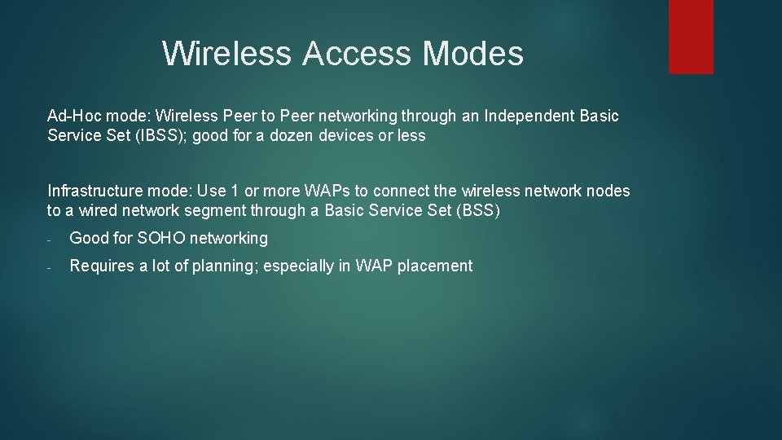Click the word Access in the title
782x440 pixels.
[358, 54]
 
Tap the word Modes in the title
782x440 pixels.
[472, 54]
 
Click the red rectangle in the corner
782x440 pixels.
[691, 37]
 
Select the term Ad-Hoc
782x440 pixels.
[74, 116]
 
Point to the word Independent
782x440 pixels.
[529, 116]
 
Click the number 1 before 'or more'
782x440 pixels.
[235, 191]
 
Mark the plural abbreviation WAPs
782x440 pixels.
[325, 191]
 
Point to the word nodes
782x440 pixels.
[608, 191]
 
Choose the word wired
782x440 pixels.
[93, 211]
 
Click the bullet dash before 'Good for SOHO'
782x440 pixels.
[50, 240]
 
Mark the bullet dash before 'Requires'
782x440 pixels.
[50, 267]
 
